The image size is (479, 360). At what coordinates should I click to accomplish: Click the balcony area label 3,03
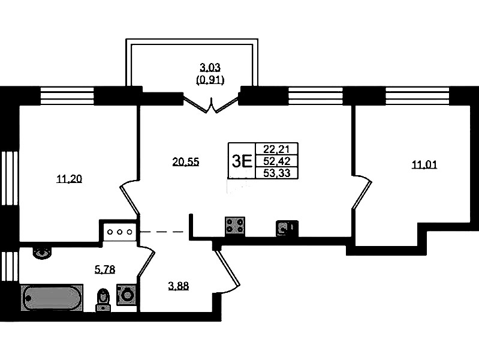[210, 68]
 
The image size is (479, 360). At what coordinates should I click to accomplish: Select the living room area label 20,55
[185, 161]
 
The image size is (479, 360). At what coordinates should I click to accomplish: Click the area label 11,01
[424, 165]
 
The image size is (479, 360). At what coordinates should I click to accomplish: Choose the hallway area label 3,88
[178, 286]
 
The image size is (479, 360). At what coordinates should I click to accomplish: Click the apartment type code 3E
[241, 161]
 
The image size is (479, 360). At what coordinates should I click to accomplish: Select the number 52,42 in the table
[276, 161]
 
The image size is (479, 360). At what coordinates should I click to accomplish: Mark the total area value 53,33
[276, 173]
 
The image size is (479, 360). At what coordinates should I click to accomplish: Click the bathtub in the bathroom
[52, 297]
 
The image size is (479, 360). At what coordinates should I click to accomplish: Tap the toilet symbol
[104, 298]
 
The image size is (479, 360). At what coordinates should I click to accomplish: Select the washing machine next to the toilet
[126, 295]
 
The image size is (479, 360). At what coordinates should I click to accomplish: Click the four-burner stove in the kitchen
[234, 225]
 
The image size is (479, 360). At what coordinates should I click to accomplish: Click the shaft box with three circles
[120, 232]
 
